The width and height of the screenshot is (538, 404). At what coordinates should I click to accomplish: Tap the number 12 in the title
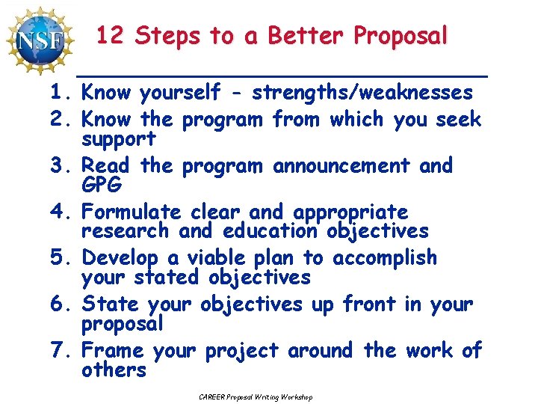[111, 35]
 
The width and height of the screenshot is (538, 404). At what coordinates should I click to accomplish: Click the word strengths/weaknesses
[362, 93]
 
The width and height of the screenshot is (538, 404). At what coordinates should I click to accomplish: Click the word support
[119, 139]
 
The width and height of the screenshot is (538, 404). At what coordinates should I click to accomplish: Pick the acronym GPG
[102, 185]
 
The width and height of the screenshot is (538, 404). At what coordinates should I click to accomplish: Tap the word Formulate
[132, 212]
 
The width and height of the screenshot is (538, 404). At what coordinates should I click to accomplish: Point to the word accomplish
[384, 258]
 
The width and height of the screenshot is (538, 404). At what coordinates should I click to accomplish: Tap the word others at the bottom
[114, 370]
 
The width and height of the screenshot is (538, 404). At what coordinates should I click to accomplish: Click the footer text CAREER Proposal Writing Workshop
[256, 397]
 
